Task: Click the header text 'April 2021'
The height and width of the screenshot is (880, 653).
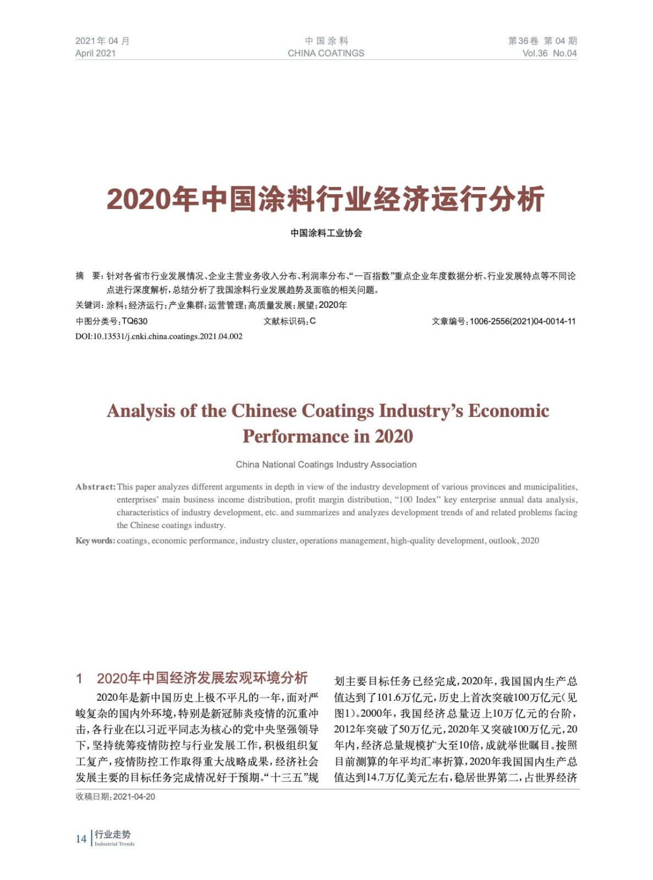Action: [95, 53]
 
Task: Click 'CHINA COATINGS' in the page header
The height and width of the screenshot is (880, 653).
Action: [326, 53]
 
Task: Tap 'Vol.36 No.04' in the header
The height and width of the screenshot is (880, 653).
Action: [549, 53]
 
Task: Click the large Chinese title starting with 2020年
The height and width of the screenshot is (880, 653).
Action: [326, 199]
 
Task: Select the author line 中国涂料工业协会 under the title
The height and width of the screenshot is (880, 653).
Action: [326, 233]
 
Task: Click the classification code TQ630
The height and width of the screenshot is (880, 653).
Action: [135, 321]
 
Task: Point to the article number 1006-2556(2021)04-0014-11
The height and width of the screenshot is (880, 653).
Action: [522, 321]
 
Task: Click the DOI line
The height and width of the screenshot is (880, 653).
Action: [158, 337]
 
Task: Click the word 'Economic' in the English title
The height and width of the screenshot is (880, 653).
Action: [508, 411]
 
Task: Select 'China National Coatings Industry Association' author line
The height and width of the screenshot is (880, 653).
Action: [326, 465]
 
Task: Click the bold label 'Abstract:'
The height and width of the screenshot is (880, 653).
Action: [95, 487]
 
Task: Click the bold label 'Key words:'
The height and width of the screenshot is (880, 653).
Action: [95, 541]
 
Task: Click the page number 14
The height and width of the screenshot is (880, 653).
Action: [81, 839]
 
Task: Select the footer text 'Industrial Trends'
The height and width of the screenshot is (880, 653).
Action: [114, 844]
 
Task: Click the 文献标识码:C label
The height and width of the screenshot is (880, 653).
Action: [289, 321]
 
